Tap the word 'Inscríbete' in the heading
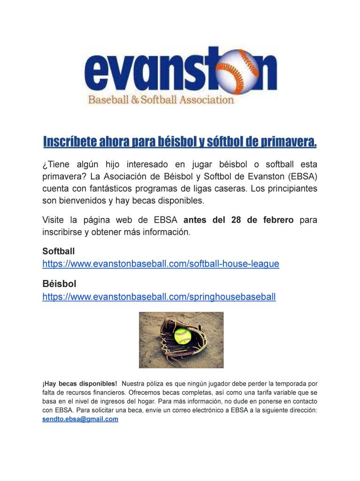65,141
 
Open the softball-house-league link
161,264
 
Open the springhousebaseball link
159,297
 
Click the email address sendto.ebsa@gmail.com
80,419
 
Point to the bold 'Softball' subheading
58,252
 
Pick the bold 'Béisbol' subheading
59,284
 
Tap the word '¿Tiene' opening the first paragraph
54,164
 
